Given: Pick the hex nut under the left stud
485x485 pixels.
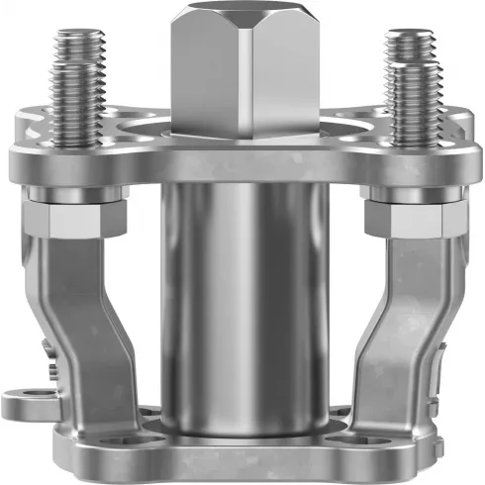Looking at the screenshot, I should pyautogui.click(x=72, y=220).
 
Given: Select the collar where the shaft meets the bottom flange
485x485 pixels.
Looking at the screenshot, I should pyautogui.click(x=243, y=426).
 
